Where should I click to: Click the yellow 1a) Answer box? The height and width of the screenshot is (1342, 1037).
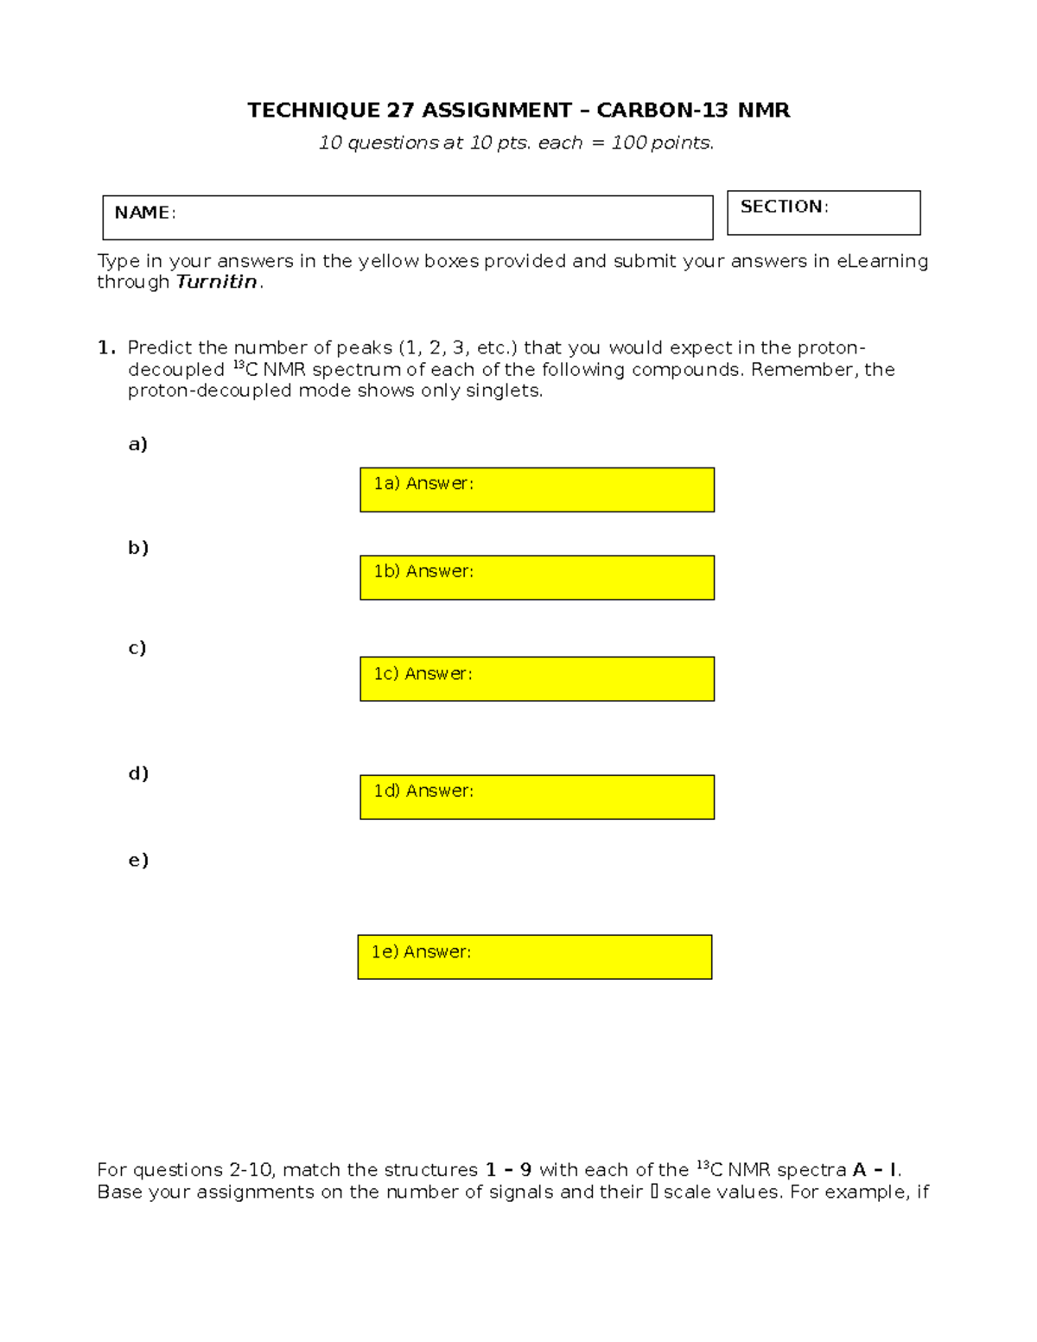coord(537,490)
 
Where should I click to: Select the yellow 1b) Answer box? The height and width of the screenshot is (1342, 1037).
coord(537,577)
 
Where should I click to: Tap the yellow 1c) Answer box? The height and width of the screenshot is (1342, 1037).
coord(537,679)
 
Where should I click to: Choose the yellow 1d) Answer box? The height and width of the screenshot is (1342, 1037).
coord(537,797)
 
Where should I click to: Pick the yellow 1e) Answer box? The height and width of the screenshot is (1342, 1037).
coord(534,957)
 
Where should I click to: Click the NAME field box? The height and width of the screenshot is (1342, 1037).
coord(407,218)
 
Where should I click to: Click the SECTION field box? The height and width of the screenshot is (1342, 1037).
coord(824,213)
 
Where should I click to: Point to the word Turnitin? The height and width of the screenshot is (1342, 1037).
coord(216,282)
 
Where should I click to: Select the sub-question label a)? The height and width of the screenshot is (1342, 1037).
coord(137,444)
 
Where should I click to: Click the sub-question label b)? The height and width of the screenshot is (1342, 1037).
coord(138,548)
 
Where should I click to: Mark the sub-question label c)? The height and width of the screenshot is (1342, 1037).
coord(137,648)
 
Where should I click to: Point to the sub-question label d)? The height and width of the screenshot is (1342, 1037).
coord(138,773)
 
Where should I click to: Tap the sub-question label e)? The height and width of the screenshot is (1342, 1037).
coord(138,860)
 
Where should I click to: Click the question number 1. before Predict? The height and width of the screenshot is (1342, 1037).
coord(106,347)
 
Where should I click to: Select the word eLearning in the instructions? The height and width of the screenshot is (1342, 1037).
coord(882,261)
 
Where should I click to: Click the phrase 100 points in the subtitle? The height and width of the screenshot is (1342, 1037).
coord(661,143)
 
